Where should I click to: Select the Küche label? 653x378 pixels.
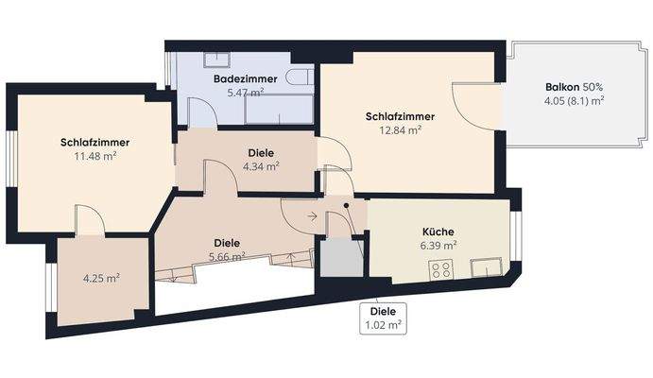pos(438,232)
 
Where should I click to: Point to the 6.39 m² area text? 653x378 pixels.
pos(438,245)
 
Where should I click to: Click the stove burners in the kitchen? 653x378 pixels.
pos(440,271)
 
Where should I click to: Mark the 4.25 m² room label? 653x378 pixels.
pos(101,278)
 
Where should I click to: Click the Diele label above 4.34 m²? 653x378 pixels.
pos(261,152)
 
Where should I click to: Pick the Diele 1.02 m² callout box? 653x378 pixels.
pos(383,318)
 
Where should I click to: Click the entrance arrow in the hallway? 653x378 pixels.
pos(312,216)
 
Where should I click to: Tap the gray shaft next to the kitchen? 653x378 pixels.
pos(339,259)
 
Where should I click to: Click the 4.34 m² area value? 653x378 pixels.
pos(261,166)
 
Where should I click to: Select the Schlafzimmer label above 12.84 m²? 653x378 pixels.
pos(399,117)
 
